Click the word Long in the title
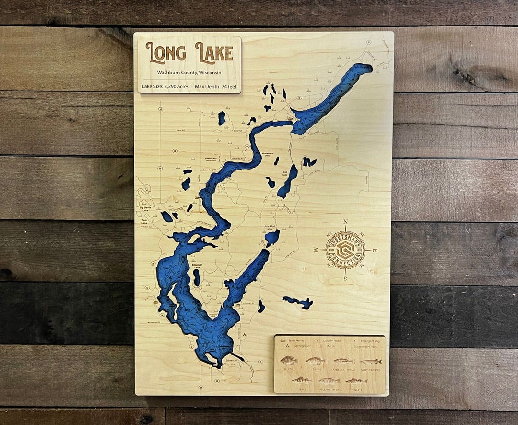165,53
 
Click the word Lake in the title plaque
214,53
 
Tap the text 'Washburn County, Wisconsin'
189,73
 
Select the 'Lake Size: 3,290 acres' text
165,87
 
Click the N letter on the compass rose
345,222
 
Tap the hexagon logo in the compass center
345,250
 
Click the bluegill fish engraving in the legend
289,360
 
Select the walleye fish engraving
356,381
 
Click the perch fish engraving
301,380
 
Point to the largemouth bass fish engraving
343,361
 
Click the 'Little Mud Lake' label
270,227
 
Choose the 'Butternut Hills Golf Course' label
212,159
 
